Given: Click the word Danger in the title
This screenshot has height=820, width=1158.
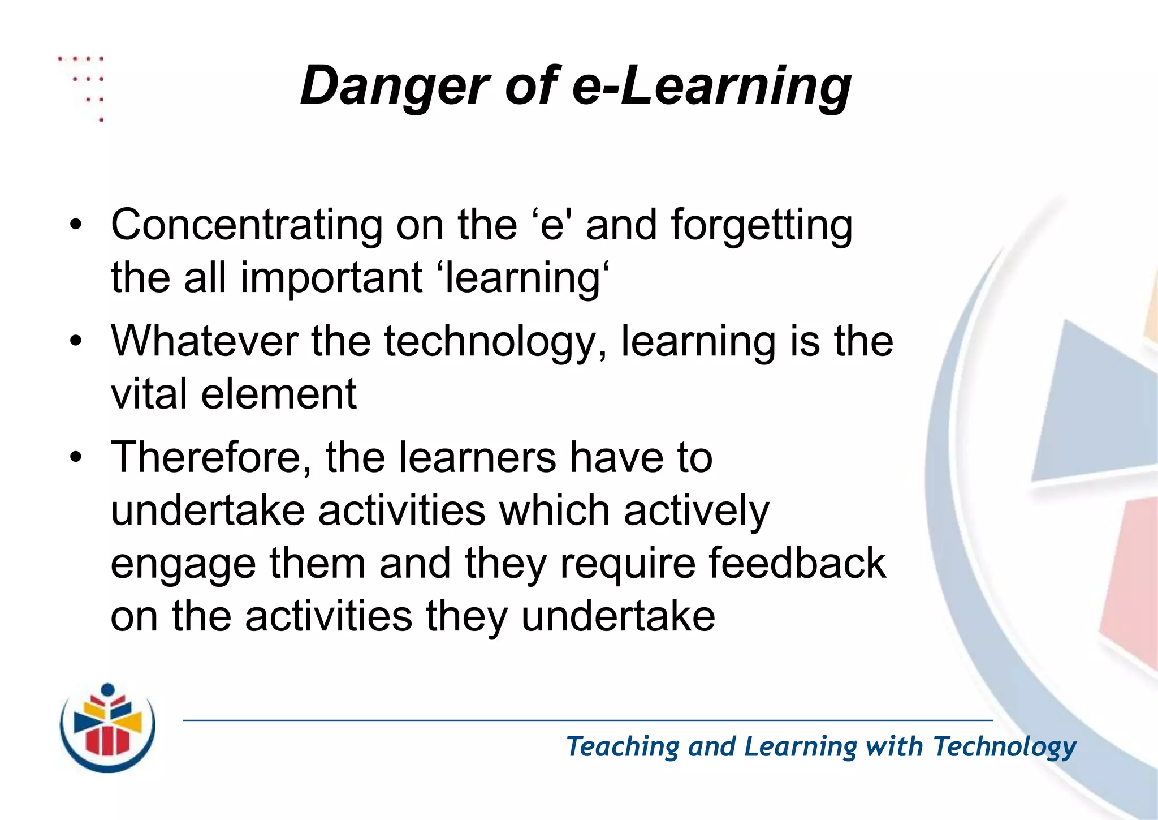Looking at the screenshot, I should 394,86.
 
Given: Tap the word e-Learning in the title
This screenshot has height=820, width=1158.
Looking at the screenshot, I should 711,86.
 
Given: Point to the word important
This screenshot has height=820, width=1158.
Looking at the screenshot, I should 331,278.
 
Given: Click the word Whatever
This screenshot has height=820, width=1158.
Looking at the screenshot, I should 204,341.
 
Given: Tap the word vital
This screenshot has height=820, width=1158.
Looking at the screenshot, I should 149,394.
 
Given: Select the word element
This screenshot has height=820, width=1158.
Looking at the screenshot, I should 279,394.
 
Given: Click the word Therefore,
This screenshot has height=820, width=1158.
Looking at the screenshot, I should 211,458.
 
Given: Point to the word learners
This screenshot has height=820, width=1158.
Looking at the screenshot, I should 477,458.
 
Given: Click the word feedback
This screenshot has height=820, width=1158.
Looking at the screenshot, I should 797,564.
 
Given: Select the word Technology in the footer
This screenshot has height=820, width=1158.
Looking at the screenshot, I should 1004,746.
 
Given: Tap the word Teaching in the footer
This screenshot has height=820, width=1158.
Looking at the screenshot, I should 623,746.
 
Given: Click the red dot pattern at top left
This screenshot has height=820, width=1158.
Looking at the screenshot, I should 85,85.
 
